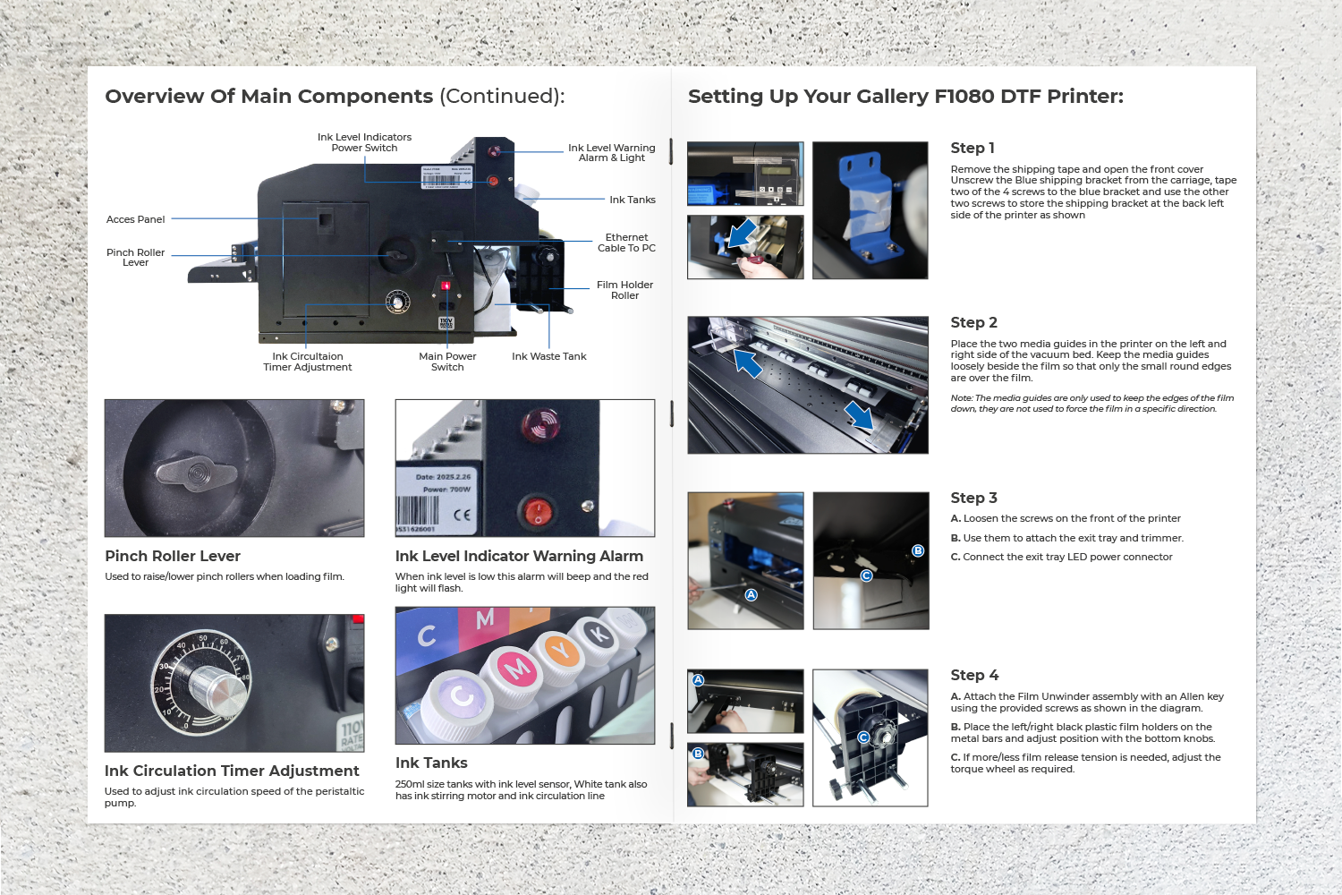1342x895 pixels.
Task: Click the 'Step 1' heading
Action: click(x=972, y=148)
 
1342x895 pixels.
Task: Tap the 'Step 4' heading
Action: click(x=974, y=675)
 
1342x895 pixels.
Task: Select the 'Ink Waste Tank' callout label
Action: click(x=548, y=356)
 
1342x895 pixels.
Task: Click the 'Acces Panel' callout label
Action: click(x=135, y=219)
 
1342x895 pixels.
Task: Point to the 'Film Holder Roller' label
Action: click(x=624, y=290)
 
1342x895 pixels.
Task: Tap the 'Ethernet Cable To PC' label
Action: click(x=626, y=243)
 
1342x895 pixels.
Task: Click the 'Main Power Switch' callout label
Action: click(x=447, y=362)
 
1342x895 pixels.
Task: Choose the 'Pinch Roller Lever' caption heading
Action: click(x=173, y=556)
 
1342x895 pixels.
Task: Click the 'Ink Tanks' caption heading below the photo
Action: click(x=430, y=763)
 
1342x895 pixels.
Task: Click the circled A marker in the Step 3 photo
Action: click(x=751, y=594)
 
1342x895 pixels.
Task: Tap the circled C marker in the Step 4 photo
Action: click(x=863, y=737)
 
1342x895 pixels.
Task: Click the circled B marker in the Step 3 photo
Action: click(x=917, y=550)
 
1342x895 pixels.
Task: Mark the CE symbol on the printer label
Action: click(x=462, y=515)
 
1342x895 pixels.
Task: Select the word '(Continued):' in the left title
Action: click(x=502, y=97)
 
